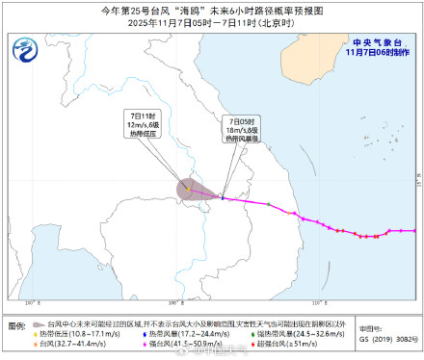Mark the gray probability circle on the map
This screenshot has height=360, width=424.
189,189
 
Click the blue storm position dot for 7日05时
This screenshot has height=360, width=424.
223,199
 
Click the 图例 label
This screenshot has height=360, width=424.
18,327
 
